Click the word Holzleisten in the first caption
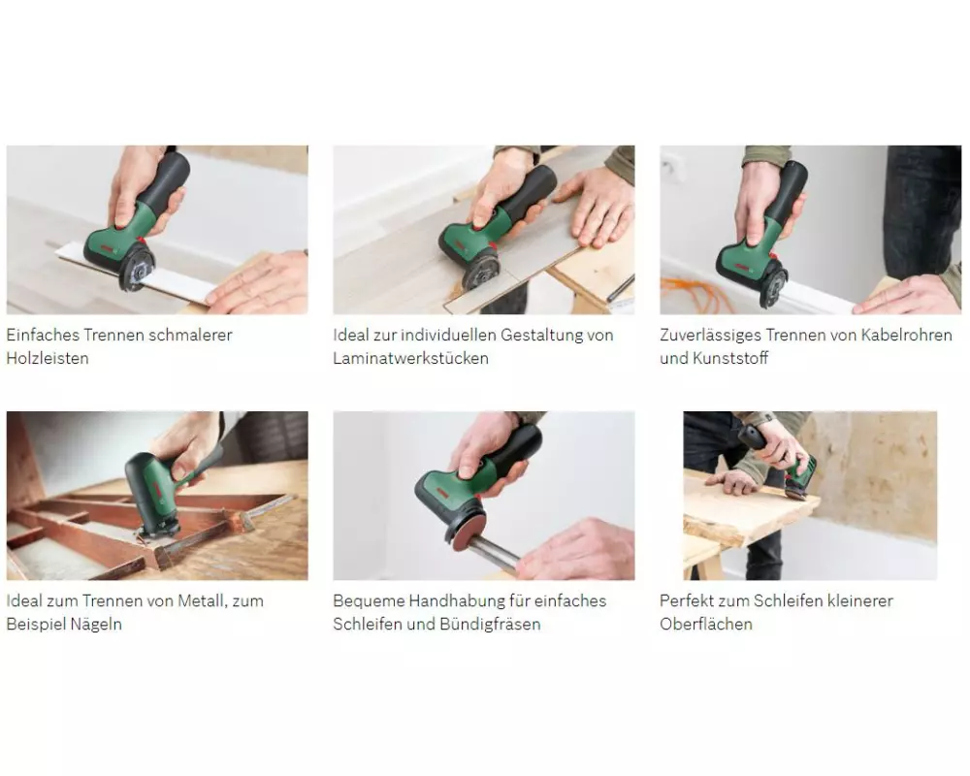click(x=48, y=358)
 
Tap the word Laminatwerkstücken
click(x=410, y=358)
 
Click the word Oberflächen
click(x=706, y=624)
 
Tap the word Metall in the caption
click(x=202, y=600)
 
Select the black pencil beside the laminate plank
click(x=621, y=289)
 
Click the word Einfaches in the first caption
click(x=43, y=335)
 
